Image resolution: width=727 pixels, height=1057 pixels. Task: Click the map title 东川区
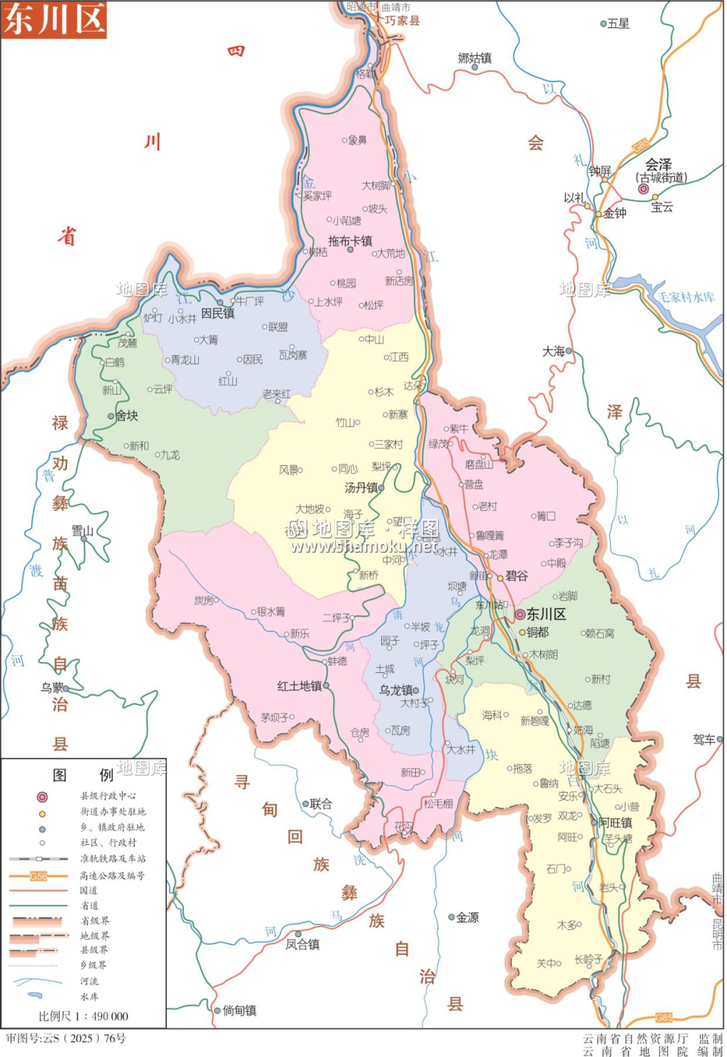54,19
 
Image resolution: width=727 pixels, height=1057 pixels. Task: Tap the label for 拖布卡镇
350,241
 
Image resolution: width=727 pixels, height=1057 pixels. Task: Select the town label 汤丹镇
361,488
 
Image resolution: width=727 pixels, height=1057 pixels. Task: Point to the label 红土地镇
299,686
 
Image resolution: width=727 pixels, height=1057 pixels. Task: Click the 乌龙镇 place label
396,691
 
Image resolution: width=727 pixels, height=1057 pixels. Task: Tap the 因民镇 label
218,313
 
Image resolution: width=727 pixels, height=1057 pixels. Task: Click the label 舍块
127,416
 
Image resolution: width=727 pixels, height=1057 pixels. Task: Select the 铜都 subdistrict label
538,632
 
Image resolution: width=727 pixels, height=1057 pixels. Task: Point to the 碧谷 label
516,576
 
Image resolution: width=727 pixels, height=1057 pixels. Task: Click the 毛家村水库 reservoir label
686,297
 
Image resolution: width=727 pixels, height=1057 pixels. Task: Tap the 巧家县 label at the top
402,20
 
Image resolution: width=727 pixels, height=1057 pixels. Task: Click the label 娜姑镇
475,58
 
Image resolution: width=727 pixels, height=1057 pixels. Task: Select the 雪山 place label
82,531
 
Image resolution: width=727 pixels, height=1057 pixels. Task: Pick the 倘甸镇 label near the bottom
240,1010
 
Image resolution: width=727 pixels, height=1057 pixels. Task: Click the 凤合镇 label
303,944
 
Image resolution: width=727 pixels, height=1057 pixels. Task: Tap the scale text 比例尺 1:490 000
83,1016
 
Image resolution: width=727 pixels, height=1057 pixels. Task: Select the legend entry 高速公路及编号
113,875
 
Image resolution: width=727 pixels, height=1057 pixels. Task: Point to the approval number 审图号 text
66,1038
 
